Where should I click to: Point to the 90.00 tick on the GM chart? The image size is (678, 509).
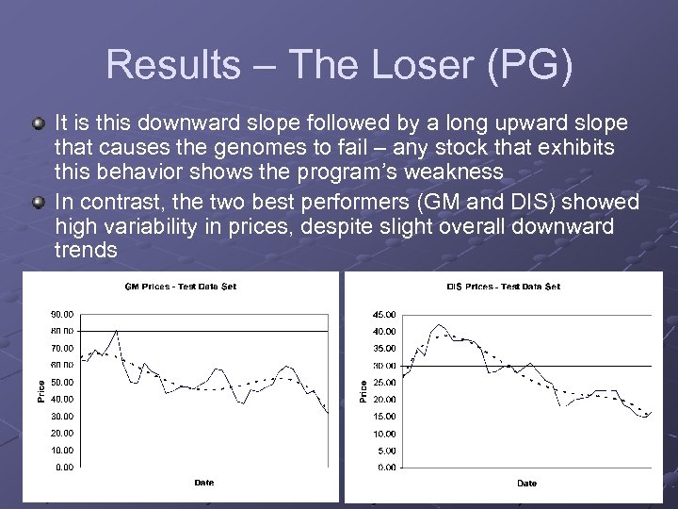(63, 313)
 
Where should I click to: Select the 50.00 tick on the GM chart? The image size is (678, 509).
(63, 382)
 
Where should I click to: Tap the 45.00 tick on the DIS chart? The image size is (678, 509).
(384, 314)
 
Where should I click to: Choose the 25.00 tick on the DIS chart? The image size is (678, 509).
(384, 382)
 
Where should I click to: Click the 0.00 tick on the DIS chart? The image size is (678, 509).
(386, 467)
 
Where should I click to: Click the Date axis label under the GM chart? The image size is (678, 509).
(204, 483)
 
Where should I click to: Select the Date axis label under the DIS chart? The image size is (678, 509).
(526, 483)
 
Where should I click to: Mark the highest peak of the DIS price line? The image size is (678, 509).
(437, 325)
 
